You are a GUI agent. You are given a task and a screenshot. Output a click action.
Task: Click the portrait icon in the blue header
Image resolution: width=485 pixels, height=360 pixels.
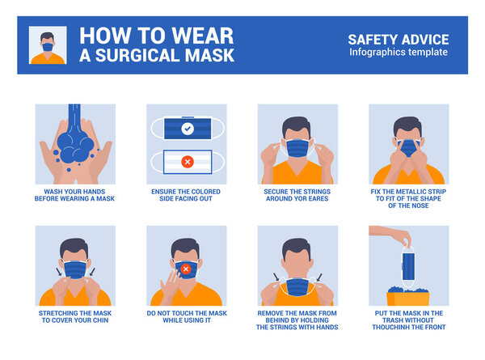(48, 45)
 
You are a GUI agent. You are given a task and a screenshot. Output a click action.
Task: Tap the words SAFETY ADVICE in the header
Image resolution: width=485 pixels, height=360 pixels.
(399, 40)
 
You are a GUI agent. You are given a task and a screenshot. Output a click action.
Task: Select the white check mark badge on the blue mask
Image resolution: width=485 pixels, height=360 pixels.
(188, 129)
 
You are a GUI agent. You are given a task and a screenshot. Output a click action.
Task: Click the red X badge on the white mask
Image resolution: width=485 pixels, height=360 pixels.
(188, 162)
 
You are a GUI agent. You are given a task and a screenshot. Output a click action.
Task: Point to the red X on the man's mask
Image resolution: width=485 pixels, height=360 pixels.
(186, 269)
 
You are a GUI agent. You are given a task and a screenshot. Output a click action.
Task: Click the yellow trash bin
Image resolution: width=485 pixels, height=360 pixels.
(408, 298)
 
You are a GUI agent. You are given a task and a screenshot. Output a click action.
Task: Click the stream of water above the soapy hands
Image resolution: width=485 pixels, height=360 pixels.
(74, 119)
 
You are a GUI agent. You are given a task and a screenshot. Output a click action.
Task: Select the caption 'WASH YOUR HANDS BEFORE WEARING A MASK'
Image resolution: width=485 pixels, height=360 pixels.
(74, 195)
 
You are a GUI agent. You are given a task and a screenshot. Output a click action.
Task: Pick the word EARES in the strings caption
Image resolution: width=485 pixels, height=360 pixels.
(318, 199)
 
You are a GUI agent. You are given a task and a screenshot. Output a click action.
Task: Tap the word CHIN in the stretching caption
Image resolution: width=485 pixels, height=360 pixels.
(100, 320)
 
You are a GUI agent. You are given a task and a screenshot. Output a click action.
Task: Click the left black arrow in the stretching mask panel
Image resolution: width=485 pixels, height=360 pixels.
(59, 272)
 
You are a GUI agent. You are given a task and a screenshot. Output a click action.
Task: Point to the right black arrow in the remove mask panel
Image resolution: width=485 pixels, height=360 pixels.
(319, 277)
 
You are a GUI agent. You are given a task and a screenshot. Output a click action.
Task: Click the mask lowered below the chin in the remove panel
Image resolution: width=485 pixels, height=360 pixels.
(297, 287)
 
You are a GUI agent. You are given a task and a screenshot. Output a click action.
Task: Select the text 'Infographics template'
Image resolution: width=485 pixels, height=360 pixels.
(399, 52)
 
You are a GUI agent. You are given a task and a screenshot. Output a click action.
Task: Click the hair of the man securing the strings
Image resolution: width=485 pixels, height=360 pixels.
(297, 125)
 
